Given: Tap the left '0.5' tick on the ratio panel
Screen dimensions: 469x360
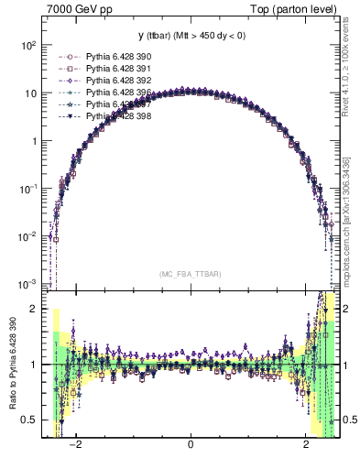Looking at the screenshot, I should [30, 420].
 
